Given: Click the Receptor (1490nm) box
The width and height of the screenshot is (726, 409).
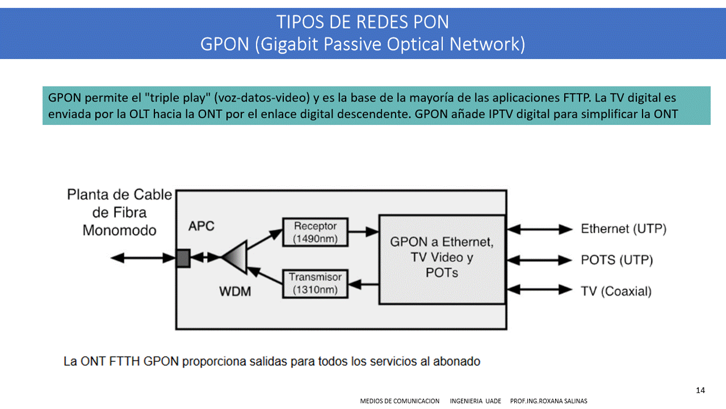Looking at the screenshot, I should (315, 232).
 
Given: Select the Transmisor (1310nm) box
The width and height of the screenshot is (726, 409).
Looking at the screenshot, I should (315, 283).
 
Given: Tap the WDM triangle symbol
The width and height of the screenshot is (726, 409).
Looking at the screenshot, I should (236, 257).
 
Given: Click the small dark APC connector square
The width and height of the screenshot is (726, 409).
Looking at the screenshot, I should (183, 258).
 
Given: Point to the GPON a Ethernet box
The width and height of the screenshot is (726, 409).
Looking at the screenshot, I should (442, 258).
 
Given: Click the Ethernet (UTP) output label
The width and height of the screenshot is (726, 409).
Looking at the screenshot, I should (623, 229).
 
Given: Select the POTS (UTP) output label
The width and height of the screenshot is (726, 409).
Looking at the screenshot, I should (616, 260).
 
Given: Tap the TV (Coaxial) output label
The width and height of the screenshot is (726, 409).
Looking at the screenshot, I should (616, 291).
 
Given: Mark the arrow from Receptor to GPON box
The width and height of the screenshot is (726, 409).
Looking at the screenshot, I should (363, 231).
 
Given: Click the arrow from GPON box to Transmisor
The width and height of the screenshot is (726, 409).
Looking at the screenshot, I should (363, 282).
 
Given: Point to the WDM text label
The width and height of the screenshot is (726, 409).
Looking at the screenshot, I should (235, 292).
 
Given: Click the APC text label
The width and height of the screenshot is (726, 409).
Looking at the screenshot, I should (202, 226).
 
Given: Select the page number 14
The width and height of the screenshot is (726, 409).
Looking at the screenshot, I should (700, 390).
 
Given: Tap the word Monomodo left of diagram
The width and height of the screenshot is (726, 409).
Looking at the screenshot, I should (119, 230).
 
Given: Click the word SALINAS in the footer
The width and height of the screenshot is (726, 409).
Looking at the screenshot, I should (575, 401).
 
